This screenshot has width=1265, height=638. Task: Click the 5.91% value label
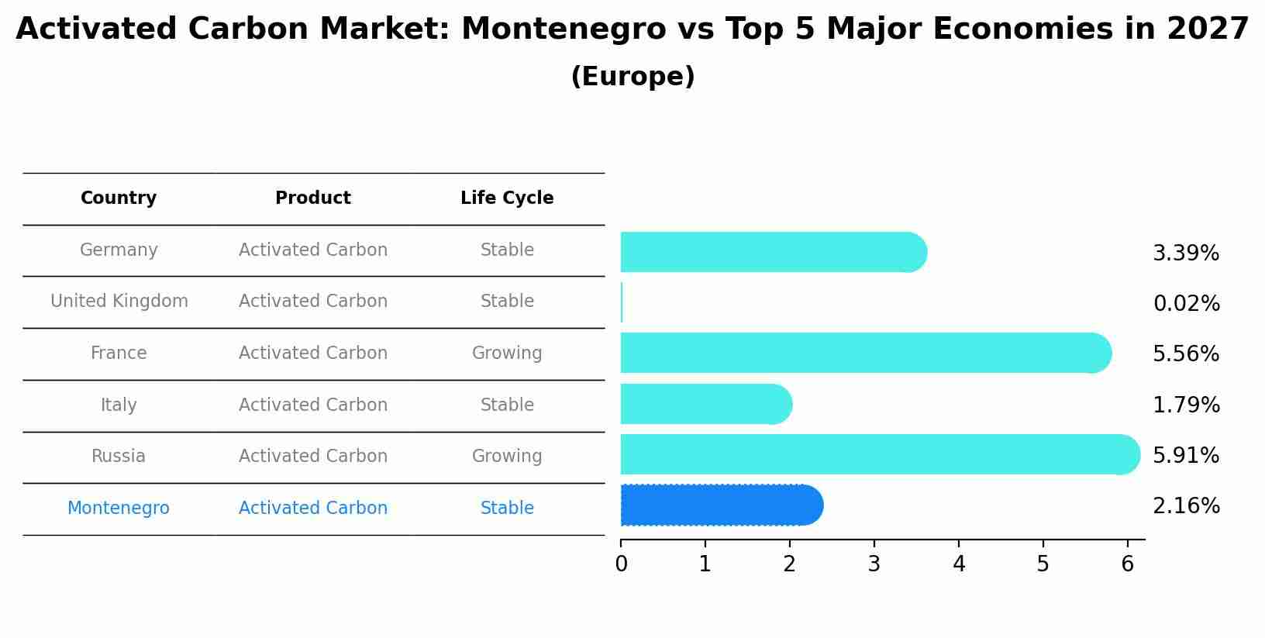pyautogui.click(x=1186, y=455)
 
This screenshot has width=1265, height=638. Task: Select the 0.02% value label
pyautogui.click(x=1186, y=303)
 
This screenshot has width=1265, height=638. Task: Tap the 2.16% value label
pyautogui.click(x=1186, y=506)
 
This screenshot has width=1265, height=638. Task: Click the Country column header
pyautogui.click(x=119, y=198)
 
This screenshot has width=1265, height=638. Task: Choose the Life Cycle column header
pyautogui.click(x=507, y=198)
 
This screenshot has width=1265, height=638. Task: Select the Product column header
pyautogui.click(x=313, y=198)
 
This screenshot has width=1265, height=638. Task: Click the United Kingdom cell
pyautogui.click(x=119, y=301)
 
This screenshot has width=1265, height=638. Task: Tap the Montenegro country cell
pyautogui.click(x=119, y=508)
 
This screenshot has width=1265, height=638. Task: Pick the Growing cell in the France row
pyautogui.click(x=507, y=353)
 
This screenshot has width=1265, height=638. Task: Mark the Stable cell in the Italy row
pyautogui.click(x=507, y=405)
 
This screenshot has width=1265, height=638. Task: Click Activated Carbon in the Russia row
pyautogui.click(x=313, y=456)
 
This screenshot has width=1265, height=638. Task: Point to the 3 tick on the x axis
pyautogui.click(x=874, y=564)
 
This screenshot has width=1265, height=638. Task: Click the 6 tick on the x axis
pyautogui.click(x=1128, y=564)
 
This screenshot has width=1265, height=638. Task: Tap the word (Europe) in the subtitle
pyautogui.click(x=632, y=77)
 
